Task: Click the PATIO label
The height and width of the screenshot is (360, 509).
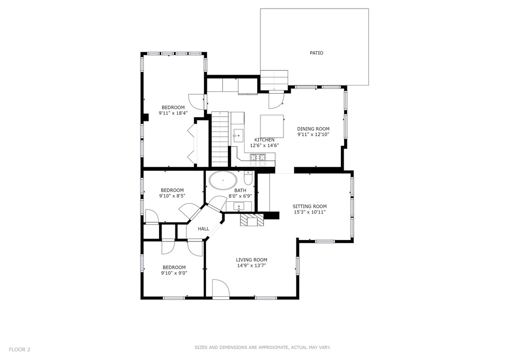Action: (x=316, y=53)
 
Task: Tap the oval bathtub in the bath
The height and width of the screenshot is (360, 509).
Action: (x=223, y=181)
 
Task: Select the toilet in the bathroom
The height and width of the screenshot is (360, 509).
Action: (x=248, y=179)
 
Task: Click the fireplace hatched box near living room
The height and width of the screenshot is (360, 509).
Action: (x=252, y=219)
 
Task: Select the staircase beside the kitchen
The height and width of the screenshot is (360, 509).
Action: (x=220, y=139)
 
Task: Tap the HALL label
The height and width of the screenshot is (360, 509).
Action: (x=204, y=229)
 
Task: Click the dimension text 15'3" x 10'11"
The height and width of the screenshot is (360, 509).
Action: (x=310, y=212)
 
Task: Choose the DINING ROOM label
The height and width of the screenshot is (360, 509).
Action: (x=313, y=129)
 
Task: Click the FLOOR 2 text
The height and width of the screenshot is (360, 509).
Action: (x=20, y=349)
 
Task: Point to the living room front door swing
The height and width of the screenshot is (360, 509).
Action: (x=220, y=288)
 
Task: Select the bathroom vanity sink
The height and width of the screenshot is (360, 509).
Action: (x=238, y=206)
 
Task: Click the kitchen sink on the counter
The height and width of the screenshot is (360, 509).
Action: (x=238, y=135)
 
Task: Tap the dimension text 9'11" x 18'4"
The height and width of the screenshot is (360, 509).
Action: (x=173, y=113)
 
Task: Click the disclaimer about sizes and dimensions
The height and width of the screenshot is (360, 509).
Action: (x=262, y=348)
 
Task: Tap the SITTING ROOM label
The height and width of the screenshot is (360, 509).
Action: (x=310, y=207)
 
